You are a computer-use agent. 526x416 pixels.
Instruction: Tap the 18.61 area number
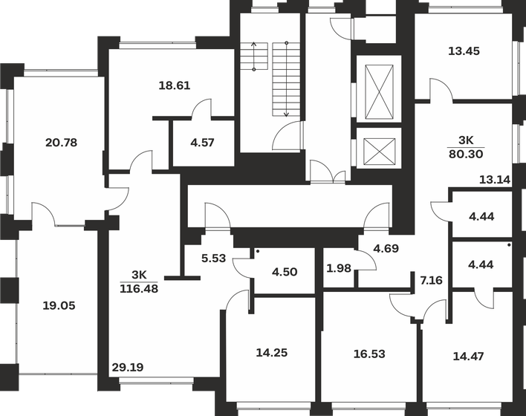175,85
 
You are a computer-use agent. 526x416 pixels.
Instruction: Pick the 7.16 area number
431,280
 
